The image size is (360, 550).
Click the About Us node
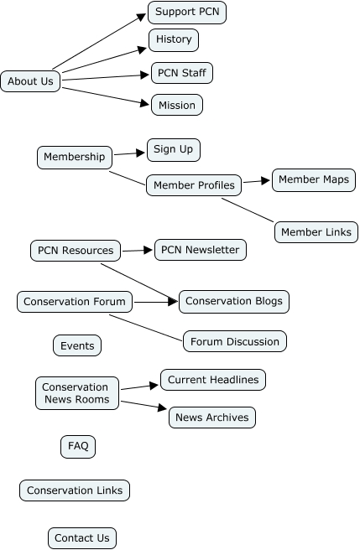pyautogui.click(x=30, y=81)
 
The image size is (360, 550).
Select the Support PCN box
pyautogui.click(x=187, y=13)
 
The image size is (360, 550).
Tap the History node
pyautogui.click(x=174, y=39)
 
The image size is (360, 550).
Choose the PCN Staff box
pyautogui.click(x=181, y=73)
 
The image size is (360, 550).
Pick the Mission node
pyautogui.click(x=177, y=106)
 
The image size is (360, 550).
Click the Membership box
pyautogui.click(x=75, y=157)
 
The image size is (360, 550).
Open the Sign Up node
pyautogui.click(x=174, y=150)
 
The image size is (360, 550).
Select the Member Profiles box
pyautogui.click(x=194, y=184)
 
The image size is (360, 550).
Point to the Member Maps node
pyautogui.click(x=313, y=180)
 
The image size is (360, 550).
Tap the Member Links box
pyautogui.click(x=316, y=232)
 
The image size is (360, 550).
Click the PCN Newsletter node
pyautogui.click(x=201, y=250)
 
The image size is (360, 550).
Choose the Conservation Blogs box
pyautogui.click(x=234, y=301)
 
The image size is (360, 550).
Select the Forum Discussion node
pyautogui.click(x=235, y=341)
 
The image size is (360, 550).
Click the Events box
pyautogui.click(x=77, y=345)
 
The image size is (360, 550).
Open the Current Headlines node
pyautogui.click(x=212, y=380)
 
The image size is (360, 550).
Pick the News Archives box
pyautogui.click(x=211, y=417)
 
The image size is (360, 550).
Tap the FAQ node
pyautogui.click(x=78, y=446)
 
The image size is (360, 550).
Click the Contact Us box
pyautogui.click(x=81, y=537)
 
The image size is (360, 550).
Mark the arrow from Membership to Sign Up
pyautogui.click(x=129, y=153)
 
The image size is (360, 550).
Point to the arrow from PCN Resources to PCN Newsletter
pyautogui.click(x=138, y=250)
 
